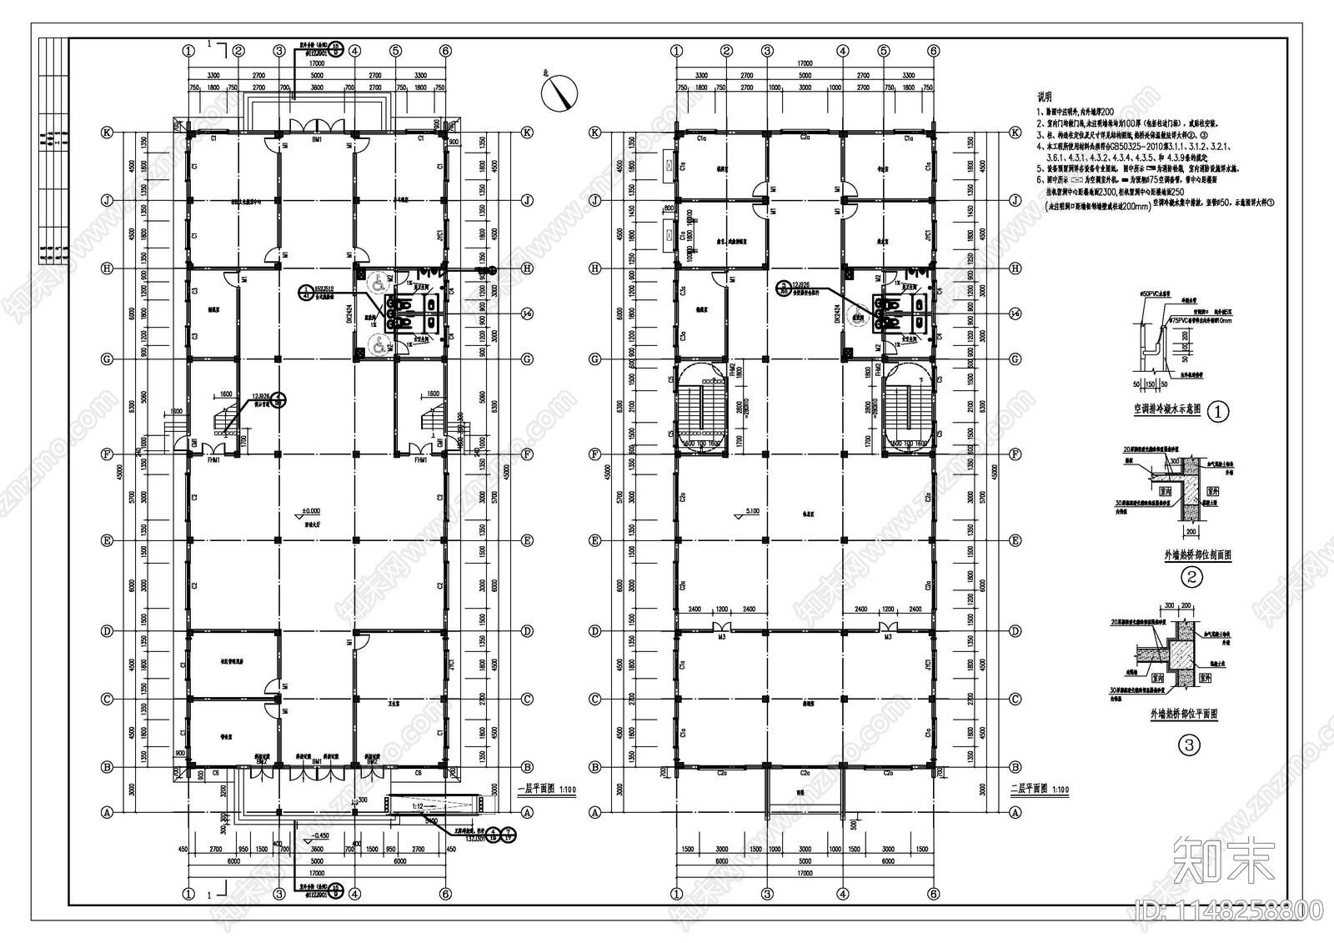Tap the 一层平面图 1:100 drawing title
pyautogui.click(x=547, y=788)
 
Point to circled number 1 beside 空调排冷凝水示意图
pyautogui.click(x=1218, y=411)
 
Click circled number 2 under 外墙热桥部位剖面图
pyautogui.click(x=1192, y=576)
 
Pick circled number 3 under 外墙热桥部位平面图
pyautogui.click(x=1191, y=745)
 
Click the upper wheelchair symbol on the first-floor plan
pyautogui.click(x=376, y=284)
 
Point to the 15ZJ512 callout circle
pyautogui.click(x=308, y=292)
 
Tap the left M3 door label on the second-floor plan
pyautogui.click(x=723, y=637)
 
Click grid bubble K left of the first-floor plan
pyautogui.click(x=107, y=132)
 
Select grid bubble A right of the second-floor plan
pyautogui.click(x=1016, y=811)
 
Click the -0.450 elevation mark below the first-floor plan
pyautogui.click(x=318, y=834)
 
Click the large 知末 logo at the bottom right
pyautogui.click(x=1223, y=860)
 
